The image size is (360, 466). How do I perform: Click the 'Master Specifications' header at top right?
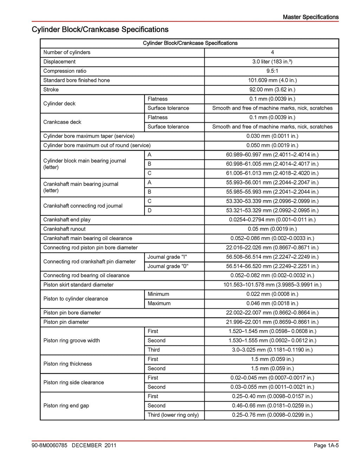tap(310, 17)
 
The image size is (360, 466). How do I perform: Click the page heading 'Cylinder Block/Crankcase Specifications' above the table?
tap(100, 30)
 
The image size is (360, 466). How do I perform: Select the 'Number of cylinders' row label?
tap(67, 52)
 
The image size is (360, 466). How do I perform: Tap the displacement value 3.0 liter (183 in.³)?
tap(272, 62)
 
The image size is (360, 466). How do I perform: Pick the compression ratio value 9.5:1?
tap(272, 71)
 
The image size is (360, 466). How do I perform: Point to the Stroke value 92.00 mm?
tap(272, 90)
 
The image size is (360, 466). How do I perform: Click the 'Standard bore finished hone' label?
tap(77, 80)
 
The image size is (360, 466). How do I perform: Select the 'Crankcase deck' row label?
tap(62, 122)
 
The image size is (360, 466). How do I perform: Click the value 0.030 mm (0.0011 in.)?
tap(272, 136)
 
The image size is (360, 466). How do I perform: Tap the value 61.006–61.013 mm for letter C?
tap(272, 173)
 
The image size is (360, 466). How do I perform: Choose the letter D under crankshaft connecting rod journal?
tap(150, 211)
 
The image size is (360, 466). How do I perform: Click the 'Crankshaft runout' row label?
tap(64, 229)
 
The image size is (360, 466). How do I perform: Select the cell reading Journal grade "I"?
tap(167, 257)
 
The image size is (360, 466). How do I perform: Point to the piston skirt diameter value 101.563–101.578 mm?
tap(272, 285)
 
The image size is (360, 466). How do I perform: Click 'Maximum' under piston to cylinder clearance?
tap(159, 303)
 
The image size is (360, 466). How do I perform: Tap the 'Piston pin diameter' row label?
tap(66, 322)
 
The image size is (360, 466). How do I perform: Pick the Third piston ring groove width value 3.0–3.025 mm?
tap(272, 350)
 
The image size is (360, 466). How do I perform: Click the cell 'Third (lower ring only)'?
tap(173, 415)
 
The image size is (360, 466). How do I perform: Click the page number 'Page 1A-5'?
tap(326, 445)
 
